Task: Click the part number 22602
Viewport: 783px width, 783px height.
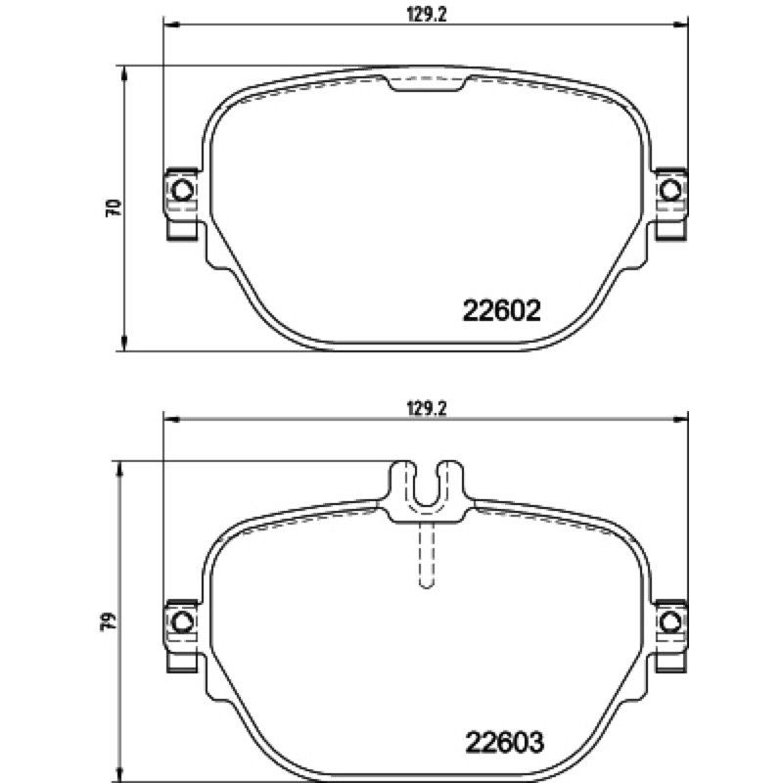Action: pyautogui.click(x=502, y=310)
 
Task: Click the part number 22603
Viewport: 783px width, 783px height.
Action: pyautogui.click(x=504, y=742)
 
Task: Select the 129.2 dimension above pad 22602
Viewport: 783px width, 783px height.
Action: pyautogui.click(x=426, y=15)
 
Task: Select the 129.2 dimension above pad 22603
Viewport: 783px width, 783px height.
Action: pyautogui.click(x=426, y=409)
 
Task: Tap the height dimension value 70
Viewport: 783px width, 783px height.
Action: pyautogui.click(x=114, y=207)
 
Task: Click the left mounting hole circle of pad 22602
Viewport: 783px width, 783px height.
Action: pyautogui.click(x=182, y=190)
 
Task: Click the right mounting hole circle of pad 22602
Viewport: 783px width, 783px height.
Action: pyautogui.click(x=670, y=190)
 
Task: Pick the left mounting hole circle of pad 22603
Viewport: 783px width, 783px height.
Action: pyautogui.click(x=182, y=622)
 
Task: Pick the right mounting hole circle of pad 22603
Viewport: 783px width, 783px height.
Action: pyautogui.click(x=670, y=622)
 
